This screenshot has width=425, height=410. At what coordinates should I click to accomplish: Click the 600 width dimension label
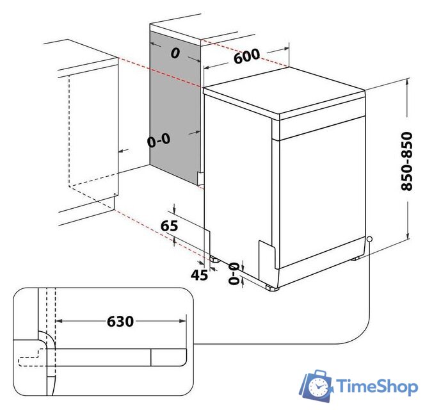pos(246,56)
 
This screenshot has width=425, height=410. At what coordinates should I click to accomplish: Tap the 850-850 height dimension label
pos(407,161)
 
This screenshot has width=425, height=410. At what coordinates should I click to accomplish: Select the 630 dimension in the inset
pos(120,321)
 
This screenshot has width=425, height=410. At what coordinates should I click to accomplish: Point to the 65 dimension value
pos(170,225)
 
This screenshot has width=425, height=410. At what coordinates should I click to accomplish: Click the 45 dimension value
pos(199,275)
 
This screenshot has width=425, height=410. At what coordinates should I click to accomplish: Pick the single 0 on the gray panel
pos(175,53)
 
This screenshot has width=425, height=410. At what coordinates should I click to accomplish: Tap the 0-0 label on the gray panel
pos(159,140)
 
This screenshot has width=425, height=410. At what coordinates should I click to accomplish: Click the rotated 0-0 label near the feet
pos(234,274)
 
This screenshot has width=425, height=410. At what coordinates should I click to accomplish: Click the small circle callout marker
pos(369,239)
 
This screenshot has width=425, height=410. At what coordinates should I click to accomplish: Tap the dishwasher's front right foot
pos(272,288)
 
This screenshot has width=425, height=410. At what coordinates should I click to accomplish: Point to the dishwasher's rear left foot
pos(215,259)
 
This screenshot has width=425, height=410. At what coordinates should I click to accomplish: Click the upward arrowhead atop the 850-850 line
pos(407,81)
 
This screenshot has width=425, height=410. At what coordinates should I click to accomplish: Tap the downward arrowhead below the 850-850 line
pos(407,236)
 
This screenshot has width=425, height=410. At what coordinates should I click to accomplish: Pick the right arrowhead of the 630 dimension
pos(183,321)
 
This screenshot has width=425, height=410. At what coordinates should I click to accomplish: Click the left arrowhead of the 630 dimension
pos(59,321)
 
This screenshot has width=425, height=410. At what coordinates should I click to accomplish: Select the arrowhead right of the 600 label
pos(286,49)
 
